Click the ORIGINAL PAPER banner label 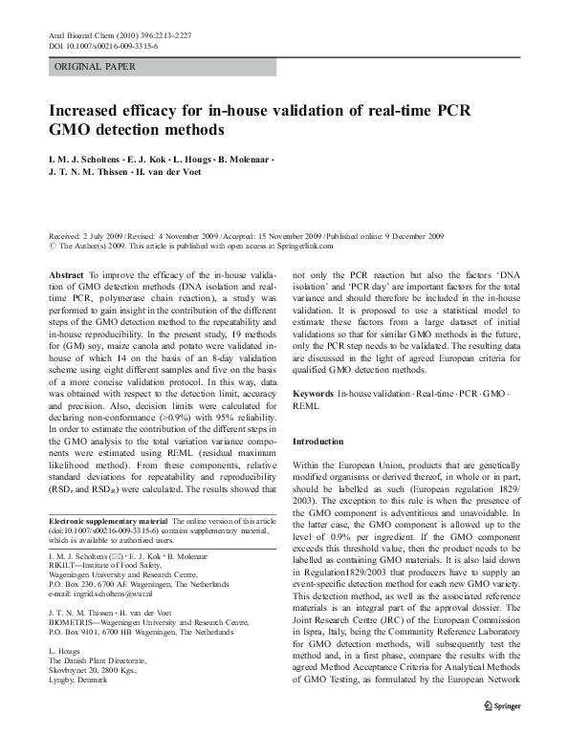(95, 67)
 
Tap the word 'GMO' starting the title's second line (70, 130)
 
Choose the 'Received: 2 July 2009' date (89, 235)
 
